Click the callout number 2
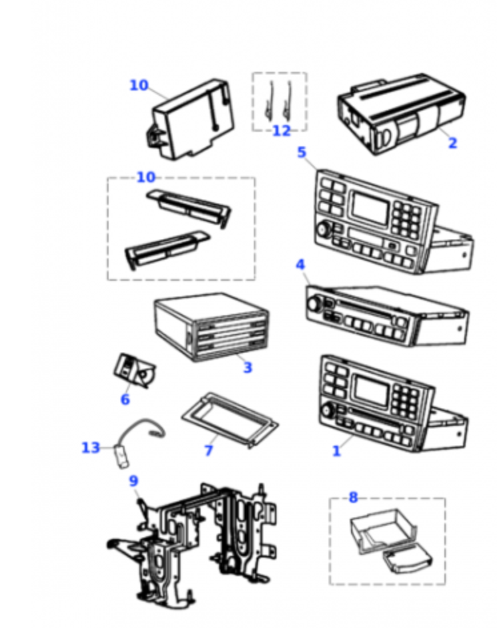(x=452, y=142)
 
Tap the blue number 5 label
(x=302, y=152)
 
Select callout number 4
(x=300, y=265)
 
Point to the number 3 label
(x=248, y=367)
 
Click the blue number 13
(x=91, y=448)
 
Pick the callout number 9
(x=133, y=480)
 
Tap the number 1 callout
(x=336, y=450)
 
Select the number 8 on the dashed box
(x=353, y=497)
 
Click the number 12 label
(x=281, y=131)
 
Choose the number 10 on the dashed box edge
(x=146, y=177)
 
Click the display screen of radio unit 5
(x=370, y=208)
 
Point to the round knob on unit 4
(x=312, y=305)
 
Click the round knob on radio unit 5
(x=324, y=230)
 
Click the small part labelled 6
(x=133, y=370)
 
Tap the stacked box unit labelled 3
(x=210, y=328)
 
